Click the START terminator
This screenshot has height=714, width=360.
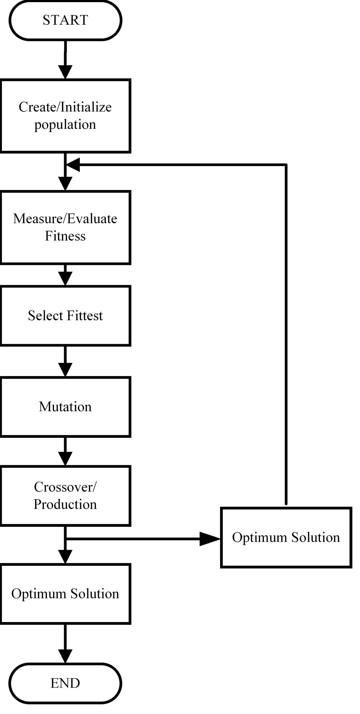(65, 20)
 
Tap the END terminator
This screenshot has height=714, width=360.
(65, 683)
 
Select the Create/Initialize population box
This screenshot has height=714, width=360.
(65, 116)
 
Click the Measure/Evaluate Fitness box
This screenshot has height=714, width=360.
(65, 227)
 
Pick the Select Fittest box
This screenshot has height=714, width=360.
(65, 316)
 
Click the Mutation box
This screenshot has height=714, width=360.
(65, 407)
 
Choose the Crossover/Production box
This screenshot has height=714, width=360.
(65, 496)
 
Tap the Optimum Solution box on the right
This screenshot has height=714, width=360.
(286, 537)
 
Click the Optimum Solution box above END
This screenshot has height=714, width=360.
(65, 594)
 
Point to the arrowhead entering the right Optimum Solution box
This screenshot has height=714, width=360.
(210, 538)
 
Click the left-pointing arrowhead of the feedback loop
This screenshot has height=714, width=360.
(73, 165)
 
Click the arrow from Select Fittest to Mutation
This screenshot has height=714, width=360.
(65, 361)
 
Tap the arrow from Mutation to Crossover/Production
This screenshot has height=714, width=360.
(65, 452)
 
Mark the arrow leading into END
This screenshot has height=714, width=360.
(65, 644)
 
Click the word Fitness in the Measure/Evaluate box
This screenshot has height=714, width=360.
(65, 236)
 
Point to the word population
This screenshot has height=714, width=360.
(65, 125)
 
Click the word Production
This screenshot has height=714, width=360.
(65, 504)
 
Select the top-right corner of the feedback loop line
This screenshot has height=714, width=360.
(286, 165)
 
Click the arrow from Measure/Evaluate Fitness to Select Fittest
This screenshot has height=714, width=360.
(65, 275)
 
